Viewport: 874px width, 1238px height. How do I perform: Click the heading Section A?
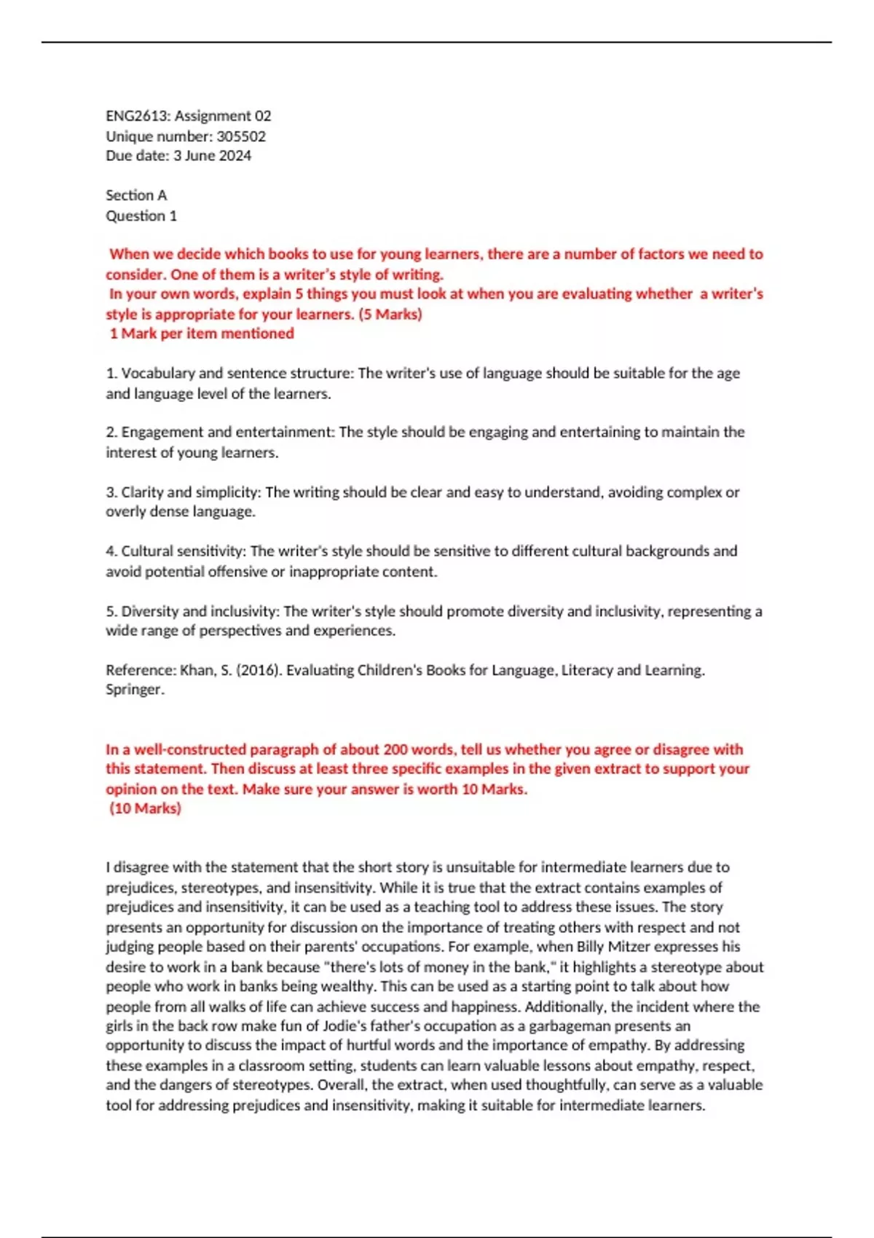coord(136,195)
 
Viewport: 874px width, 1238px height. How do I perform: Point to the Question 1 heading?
coord(141,216)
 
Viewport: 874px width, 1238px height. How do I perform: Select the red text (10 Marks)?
coord(145,808)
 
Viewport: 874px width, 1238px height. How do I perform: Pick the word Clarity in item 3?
coord(142,492)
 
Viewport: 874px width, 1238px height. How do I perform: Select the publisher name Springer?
coord(134,690)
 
